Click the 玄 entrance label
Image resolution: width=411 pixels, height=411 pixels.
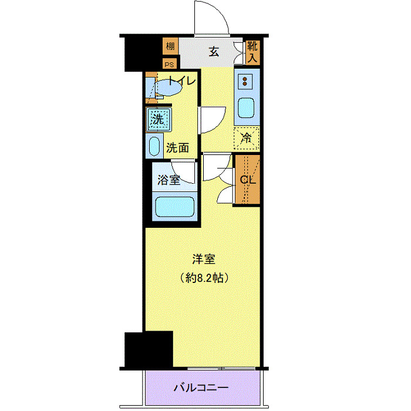(x=214, y=52)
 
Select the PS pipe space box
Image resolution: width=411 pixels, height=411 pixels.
(x=170, y=65)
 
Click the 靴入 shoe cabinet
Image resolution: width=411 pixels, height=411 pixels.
(x=252, y=52)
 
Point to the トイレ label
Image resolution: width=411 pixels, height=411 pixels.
(x=183, y=82)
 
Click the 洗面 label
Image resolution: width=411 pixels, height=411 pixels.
(x=177, y=148)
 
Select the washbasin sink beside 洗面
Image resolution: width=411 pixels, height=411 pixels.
(x=155, y=146)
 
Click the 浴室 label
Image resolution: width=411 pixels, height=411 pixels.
(x=169, y=180)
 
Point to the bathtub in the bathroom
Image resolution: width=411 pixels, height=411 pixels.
(x=174, y=208)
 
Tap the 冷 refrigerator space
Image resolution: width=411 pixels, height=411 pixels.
(x=247, y=139)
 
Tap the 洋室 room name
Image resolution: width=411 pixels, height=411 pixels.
(x=203, y=258)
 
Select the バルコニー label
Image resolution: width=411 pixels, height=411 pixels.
(x=200, y=388)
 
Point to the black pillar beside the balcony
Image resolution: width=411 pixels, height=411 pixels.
(x=149, y=349)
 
